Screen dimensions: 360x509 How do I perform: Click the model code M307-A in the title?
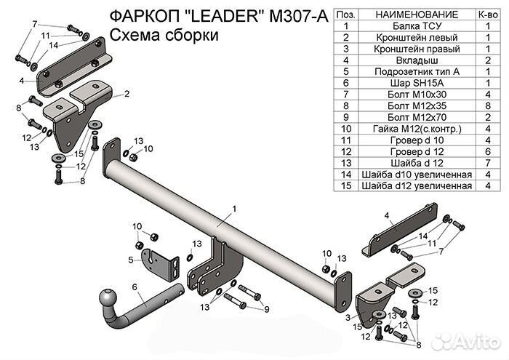(x=295, y=15)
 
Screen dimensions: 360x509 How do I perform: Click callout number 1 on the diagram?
(x=235, y=209)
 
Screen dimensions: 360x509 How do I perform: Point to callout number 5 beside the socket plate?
(x=130, y=260)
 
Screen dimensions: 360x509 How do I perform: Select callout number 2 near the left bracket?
(x=126, y=94)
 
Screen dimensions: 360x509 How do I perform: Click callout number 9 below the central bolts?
(x=266, y=310)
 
